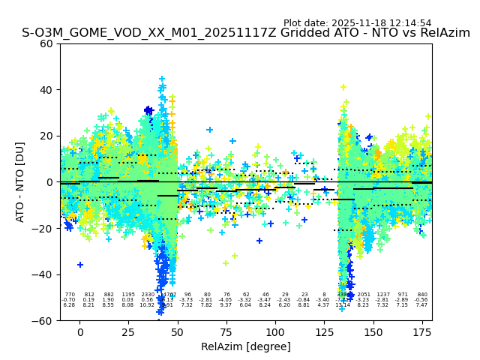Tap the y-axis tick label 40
pyautogui.click(x=46, y=90)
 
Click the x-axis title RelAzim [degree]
pyautogui.click(x=245, y=346)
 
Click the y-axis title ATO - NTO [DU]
pyautogui.click(x=20, y=181)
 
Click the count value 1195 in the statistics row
pyautogui.click(x=128, y=295)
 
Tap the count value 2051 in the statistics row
pyautogui.click(x=364, y=295)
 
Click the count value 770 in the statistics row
pyautogui.click(x=70, y=295)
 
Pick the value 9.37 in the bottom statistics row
pyautogui.click(x=226, y=305)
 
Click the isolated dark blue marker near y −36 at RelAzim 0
pyautogui.click(x=80, y=265)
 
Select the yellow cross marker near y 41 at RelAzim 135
pyautogui.click(x=343, y=88)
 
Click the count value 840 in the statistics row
pyautogui.click(x=421, y=295)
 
